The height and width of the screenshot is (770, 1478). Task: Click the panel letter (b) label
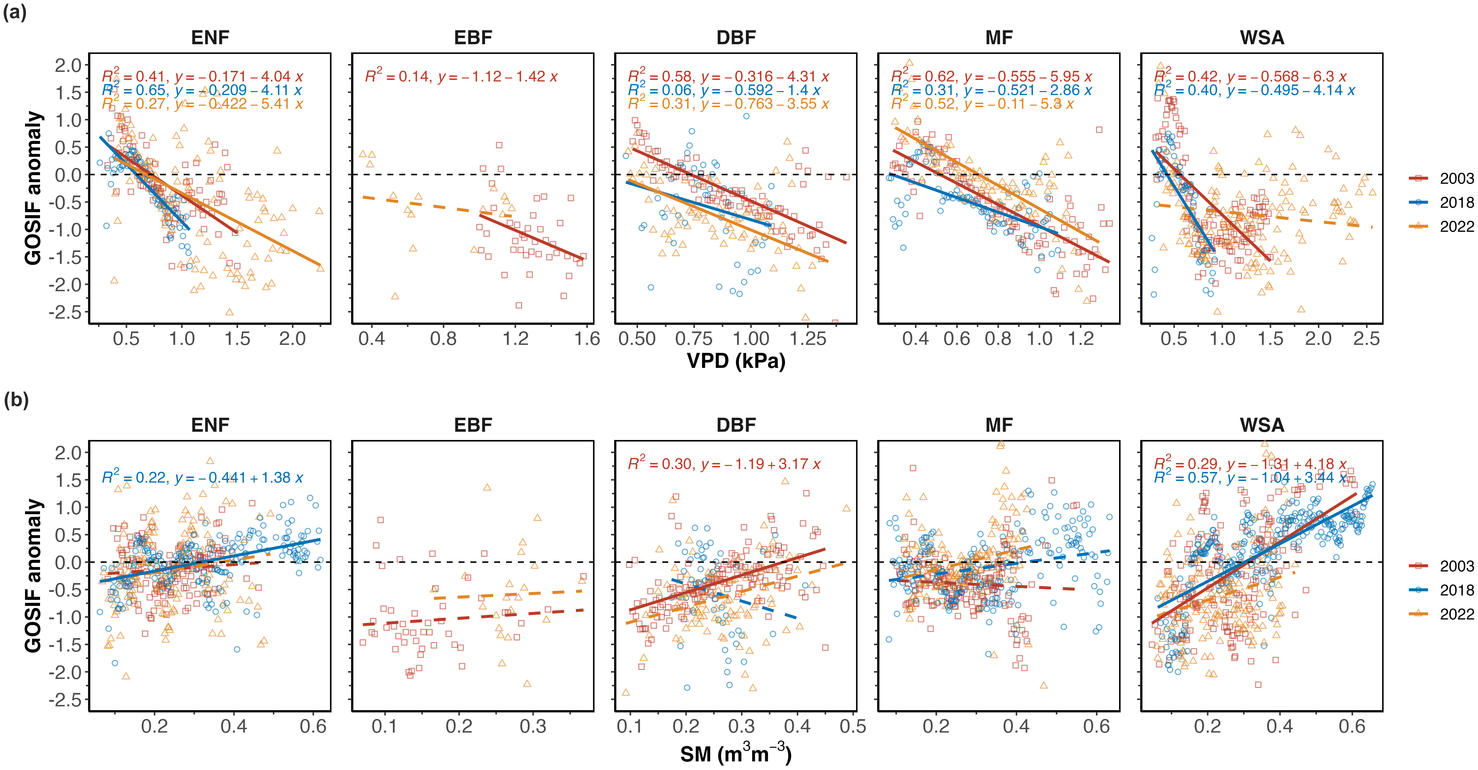pos(16,400)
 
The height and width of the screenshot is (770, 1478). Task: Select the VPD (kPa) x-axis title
pos(736,361)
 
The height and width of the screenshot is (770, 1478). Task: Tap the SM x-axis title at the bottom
pos(736,754)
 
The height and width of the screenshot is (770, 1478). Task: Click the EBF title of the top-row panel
pos(473,38)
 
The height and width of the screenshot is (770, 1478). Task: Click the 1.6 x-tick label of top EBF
pos(587,338)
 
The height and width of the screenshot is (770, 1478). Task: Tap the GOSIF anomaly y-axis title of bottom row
pos(33,575)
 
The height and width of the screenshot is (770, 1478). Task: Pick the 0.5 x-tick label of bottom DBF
pos(853,726)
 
